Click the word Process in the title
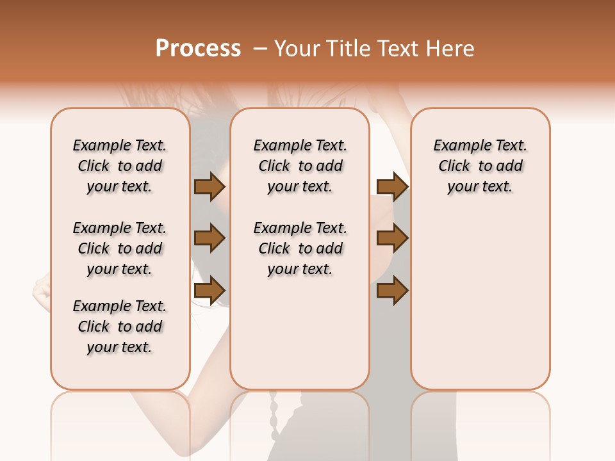pyautogui.click(x=198, y=49)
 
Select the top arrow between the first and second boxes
pyautogui.click(x=209, y=187)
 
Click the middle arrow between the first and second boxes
pyautogui.click(x=209, y=238)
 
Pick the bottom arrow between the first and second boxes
pyautogui.click(x=209, y=290)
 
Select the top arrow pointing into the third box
pyautogui.click(x=392, y=187)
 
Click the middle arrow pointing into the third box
pyautogui.click(x=392, y=238)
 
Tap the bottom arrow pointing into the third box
pyautogui.click(x=392, y=290)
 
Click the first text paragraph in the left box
pyautogui.click(x=120, y=166)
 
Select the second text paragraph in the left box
pyautogui.click(x=120, y=248)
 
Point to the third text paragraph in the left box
pyautogui.click(x=120, y=327)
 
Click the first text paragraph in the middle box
pyautogui.click(x=300, y=166)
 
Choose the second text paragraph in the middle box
pyautogui.click(x=300, y=248)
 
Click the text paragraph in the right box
pyautogui.click(x=480, y=166)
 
